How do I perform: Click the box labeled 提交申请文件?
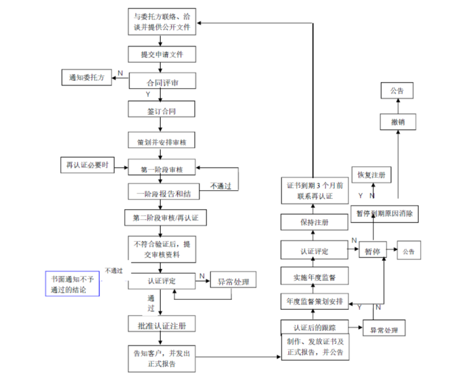coord(161,54)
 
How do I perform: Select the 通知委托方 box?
coord(86,78)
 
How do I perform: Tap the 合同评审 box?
coord(161,82)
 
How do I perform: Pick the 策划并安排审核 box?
coord(161,141)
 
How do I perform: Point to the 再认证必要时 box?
coord(86,166)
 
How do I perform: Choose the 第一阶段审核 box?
coord(161,169)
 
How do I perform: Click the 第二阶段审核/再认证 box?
coord(161,217)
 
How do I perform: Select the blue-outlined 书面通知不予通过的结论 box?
coord(73,283)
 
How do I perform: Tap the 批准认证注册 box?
coord(161,325)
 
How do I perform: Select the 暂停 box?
coord(372,252)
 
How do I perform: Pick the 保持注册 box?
coord(314,222)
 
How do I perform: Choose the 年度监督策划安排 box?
coord(314,301)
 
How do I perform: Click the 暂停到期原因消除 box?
coord(386,214)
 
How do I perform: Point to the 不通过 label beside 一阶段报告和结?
coord(221,186)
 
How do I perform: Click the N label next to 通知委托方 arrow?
coord(120,73)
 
